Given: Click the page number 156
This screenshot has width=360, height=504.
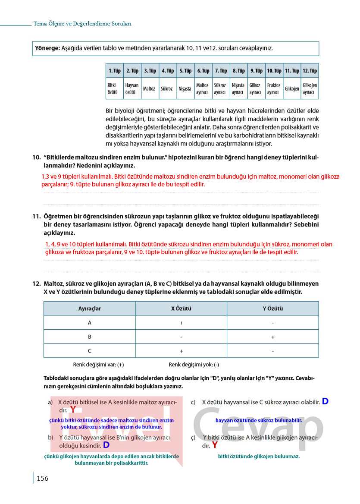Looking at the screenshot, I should coord(42,478).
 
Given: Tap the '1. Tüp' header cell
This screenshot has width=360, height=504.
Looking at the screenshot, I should coord(114,71).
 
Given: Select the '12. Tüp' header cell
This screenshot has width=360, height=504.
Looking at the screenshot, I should coord(310,71).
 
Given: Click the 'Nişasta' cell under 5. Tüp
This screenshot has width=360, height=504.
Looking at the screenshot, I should coord(185,89).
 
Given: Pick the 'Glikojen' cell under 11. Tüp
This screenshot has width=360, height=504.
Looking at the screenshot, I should coord(292,89).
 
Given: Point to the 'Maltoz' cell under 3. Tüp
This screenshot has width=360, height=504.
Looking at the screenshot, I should coord(149,89).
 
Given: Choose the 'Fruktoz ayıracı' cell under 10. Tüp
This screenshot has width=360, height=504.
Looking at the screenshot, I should coord(274,89).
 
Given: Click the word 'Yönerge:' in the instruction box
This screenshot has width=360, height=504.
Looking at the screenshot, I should coord(47,48).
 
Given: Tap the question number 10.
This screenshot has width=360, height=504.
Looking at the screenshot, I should coord(36,157).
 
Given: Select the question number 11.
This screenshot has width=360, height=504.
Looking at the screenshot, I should coord(36,216).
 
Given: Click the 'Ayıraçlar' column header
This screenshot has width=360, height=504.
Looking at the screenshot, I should coord(89,309).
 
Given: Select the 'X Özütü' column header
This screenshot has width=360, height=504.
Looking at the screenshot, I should coord(181,309).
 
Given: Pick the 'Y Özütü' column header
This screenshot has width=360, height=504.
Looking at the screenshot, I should coord(273,309).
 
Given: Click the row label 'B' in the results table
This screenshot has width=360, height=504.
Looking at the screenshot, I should coord(89,337).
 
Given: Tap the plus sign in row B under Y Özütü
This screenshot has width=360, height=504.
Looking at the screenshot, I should coord(273,337).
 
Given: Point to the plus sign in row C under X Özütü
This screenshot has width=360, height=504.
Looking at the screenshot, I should coord(181,351).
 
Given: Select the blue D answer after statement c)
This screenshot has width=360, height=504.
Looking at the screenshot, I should coord(325,401).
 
